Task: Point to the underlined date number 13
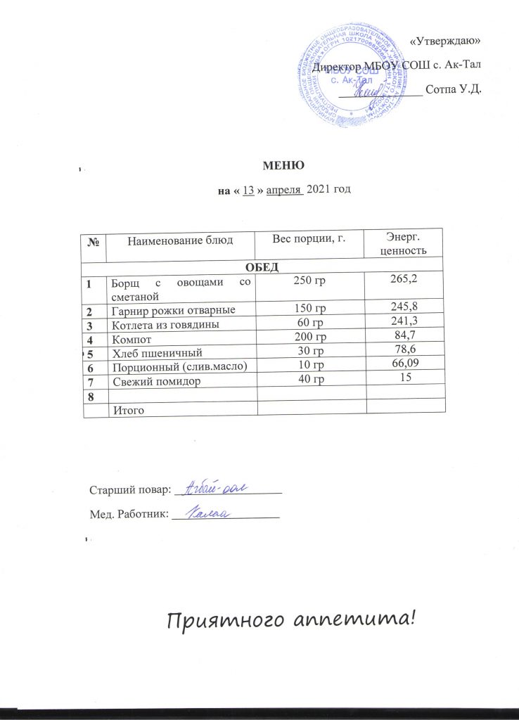click(x=248, y=190)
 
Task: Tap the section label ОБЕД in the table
click(x=263, y=266)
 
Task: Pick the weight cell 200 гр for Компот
click(x=309, y=336)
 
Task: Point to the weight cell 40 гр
click(x=309, y=379)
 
